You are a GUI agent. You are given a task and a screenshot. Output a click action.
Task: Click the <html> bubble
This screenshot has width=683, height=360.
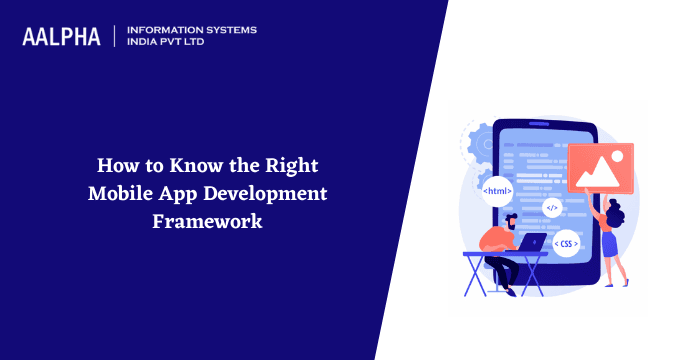tap(497, 190)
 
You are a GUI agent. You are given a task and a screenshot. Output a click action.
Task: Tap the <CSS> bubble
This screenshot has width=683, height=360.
tap(566, 244)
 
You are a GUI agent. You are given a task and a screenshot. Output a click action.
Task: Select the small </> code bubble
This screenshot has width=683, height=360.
tap(551, 208)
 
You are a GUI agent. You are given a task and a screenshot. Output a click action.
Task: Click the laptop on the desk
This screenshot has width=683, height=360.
tap(531, 243)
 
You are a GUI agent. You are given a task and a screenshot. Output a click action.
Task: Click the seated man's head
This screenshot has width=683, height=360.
tap(512, 220)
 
